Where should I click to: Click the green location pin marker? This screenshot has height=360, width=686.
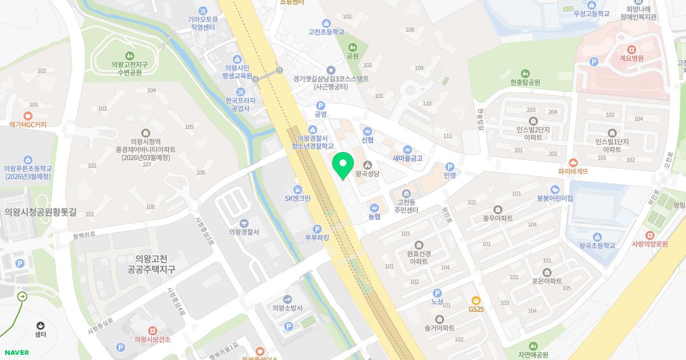[x=342, y=165]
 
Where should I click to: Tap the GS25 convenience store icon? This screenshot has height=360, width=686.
[x=476, y=301]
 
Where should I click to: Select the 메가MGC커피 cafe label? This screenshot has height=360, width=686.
[x=27, y=125]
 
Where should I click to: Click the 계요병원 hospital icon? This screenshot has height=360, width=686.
[x=631, y=50]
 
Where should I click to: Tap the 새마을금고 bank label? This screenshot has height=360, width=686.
[x=407, y=158]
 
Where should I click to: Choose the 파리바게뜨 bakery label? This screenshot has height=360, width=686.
[x=573, y=171]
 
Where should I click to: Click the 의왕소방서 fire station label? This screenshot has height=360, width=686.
[x=287, y=308]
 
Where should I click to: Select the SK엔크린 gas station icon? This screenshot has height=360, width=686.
[x=297, y=190]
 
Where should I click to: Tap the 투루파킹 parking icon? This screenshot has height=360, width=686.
[x=317, y=229]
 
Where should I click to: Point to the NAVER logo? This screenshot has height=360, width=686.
[x=16, y=353]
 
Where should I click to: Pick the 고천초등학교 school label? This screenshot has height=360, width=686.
[x=326, y=32]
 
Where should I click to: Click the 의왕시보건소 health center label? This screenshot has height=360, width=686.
[x=152, y=339]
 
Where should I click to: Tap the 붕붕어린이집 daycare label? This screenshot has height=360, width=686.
[x=555, y=198]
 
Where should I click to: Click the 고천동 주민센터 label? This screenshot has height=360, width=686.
[x=406, y=206]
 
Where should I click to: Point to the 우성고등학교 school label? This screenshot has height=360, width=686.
[x=592, y=14]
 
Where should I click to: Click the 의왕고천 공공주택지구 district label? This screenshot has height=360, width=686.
[x=151, y=264]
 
